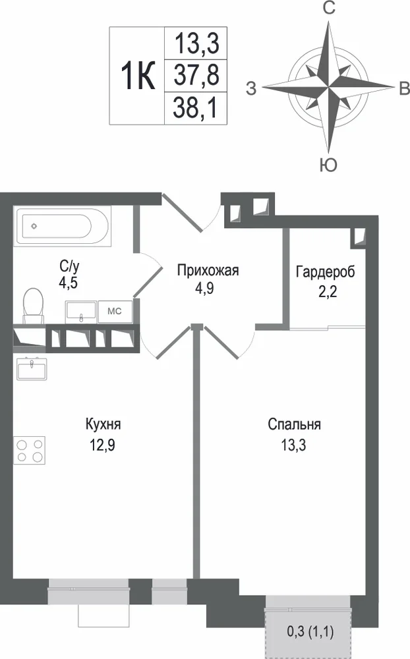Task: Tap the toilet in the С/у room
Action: (33, 305)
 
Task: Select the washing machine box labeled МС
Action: (115, 311)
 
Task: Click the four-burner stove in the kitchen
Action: (30, 450)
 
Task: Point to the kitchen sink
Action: (32, 368)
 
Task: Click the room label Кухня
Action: (103, 424)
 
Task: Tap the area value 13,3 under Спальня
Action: (293, 445)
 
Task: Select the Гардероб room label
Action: (326, 271)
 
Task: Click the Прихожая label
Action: (208, 270)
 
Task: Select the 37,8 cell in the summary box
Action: (196, 76)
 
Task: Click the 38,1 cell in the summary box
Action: (196, 108)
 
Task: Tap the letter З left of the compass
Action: (251, 89)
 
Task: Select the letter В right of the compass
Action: (403, 88)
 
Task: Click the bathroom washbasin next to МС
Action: (81, 312)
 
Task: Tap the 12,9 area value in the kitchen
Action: (102, 445)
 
